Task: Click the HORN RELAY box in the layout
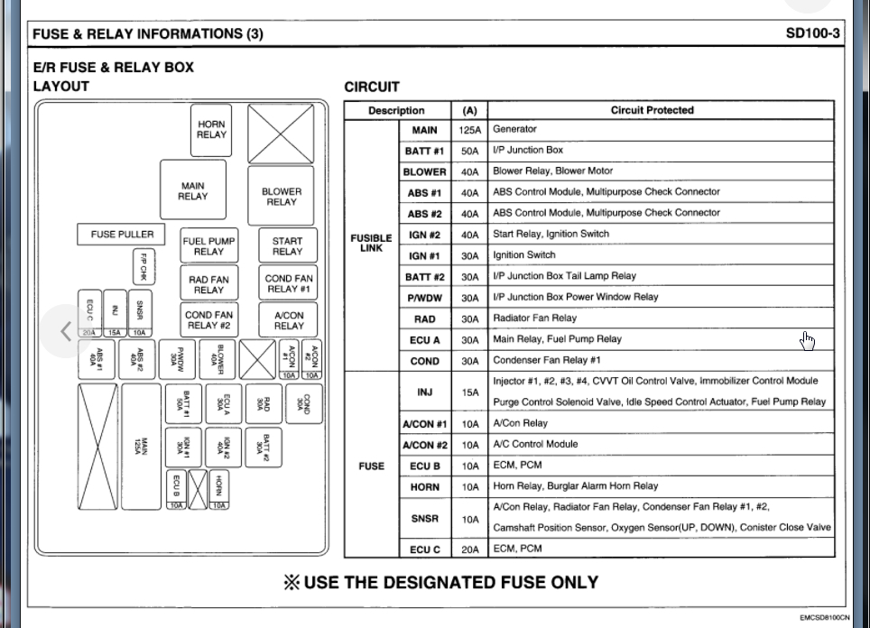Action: point(211,130)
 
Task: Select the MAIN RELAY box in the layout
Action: point(193,191)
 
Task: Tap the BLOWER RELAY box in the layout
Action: point(281,196)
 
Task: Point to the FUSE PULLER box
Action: point(122,235)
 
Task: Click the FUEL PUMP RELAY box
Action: point(208,246)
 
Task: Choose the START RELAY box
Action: point(287,246)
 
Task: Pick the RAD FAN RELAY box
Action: point(208,285)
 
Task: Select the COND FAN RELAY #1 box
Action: point(289,284)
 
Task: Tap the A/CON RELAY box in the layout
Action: point(289,320)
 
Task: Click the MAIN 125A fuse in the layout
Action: point(141,446)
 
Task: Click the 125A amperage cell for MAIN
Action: point(469,130)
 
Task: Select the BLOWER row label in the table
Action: point(424,171)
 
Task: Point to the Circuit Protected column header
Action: point(652,110)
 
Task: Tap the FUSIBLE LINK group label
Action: point(371,244)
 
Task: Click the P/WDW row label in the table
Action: point(424,298)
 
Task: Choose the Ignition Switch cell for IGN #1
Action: point(524,255)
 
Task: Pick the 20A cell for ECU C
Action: point(469,549)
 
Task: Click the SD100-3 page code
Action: point(812,34)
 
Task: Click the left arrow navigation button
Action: point(65,331)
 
